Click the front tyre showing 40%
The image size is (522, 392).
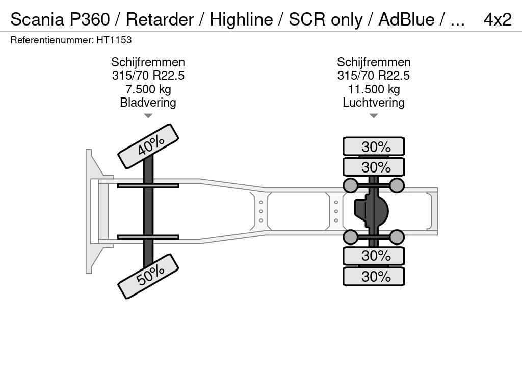pos(148,146)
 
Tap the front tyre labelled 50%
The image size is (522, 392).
pos(148,276)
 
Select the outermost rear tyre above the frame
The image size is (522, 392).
pos(374,146)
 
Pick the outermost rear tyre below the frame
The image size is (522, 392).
pos(374,277)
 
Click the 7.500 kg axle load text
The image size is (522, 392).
pos(148,89)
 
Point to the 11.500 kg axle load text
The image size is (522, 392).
pos(374,89)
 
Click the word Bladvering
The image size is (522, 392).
pos(148,103)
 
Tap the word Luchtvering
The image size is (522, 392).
pos(374,103)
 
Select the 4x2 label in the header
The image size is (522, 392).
pos(497,19)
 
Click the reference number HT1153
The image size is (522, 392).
pos(114,40)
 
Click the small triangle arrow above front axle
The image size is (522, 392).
pos(148,116)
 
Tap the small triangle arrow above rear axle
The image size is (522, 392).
pos(374,116)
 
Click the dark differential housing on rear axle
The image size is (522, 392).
pos(371,211)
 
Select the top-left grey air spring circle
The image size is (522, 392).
pos(351,185)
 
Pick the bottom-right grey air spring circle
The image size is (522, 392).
pos(397,237)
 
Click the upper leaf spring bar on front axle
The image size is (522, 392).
pos(148,185)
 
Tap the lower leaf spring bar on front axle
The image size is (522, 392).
pos(148,237)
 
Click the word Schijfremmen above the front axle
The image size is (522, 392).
pos(148,62)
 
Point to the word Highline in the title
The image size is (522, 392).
pos(242,19)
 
